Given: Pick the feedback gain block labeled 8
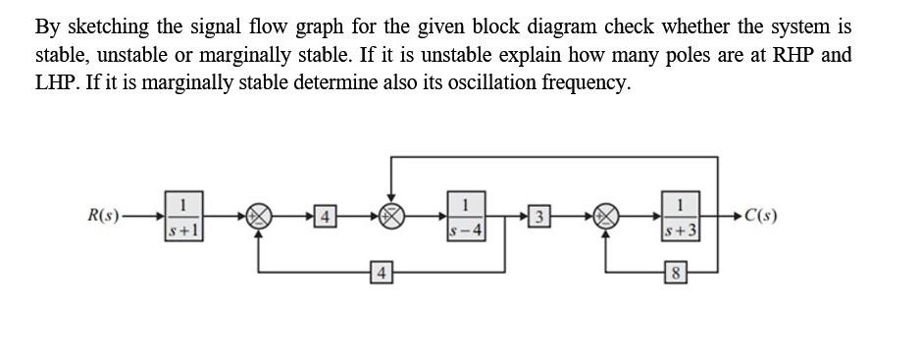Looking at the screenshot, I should [675, 270].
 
